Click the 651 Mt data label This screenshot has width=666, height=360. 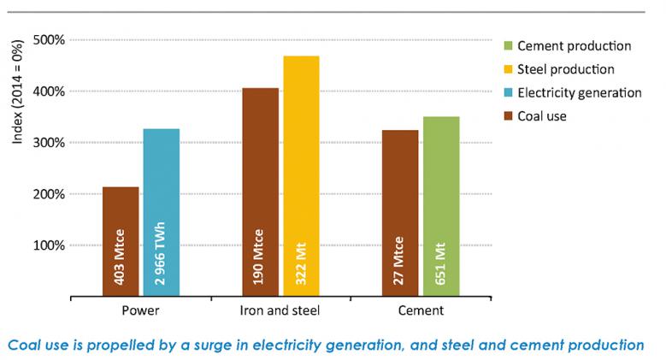coord(442,266)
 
